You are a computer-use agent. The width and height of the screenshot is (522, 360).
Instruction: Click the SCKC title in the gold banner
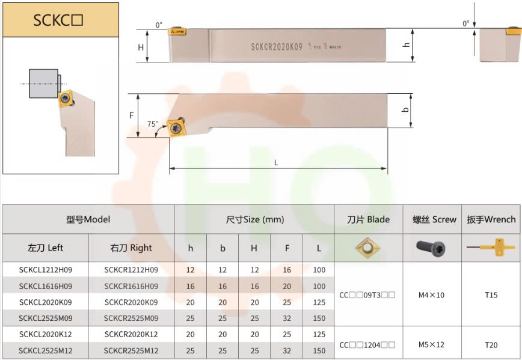coord(58,20)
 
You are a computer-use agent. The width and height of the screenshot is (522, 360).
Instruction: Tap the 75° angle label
coord(153,124)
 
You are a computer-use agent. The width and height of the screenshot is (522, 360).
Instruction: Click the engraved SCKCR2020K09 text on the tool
coord(277,47)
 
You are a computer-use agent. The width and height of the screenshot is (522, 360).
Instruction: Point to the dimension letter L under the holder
coord(276,163)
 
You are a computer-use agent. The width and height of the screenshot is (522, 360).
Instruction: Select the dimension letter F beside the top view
coord(132,115)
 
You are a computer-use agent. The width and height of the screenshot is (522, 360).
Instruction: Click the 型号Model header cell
coord(88,219)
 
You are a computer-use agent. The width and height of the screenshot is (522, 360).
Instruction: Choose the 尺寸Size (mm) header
coord(254,219)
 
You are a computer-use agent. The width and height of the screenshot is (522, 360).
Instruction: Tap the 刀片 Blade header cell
coord(368,219)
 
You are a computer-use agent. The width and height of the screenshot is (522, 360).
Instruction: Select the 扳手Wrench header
coord(491,219)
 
